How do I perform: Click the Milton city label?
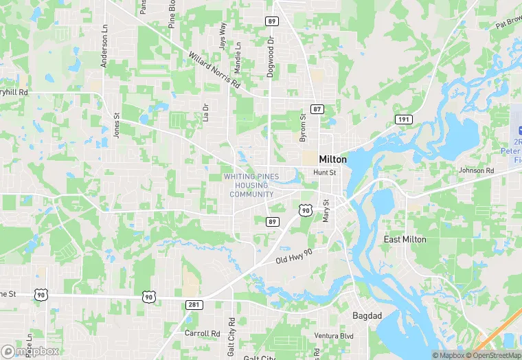tap(333, 159)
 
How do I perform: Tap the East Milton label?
tap(405, 239)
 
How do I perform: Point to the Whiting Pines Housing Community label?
tap(251, 185)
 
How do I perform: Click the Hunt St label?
tap(324, 172)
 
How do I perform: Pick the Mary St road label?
tap(326, 210)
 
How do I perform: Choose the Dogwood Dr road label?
tap(271, 58)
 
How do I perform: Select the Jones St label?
tap(116, 124)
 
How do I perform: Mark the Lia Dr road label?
tap(205, 112)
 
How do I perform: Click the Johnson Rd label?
tap(476, 170)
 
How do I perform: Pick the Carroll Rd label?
tap(202, 333)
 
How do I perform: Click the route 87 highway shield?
tap(317, 109)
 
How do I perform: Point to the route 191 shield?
tap(403, 120)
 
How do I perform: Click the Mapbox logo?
tap(30, 351)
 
